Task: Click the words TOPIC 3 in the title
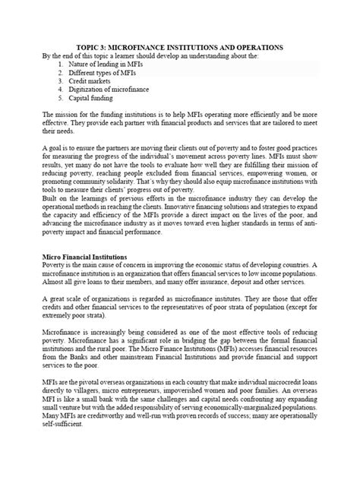coord(99,47)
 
